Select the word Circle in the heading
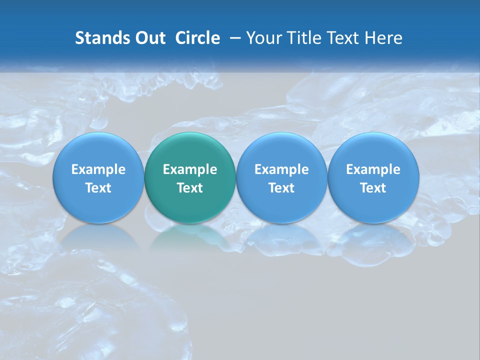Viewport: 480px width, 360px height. coord(197,38)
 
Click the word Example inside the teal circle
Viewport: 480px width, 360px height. coord(190,169)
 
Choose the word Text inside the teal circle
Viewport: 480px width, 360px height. coord(190,188)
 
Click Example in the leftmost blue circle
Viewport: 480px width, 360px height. coord(98,169)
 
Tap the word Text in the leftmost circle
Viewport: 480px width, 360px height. coord(98,188)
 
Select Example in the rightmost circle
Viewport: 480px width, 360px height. coord(373,169)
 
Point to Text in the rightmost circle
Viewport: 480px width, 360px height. coord(373,188)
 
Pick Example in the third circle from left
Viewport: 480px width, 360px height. coord(281,169)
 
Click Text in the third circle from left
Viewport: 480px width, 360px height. coord(281,188)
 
